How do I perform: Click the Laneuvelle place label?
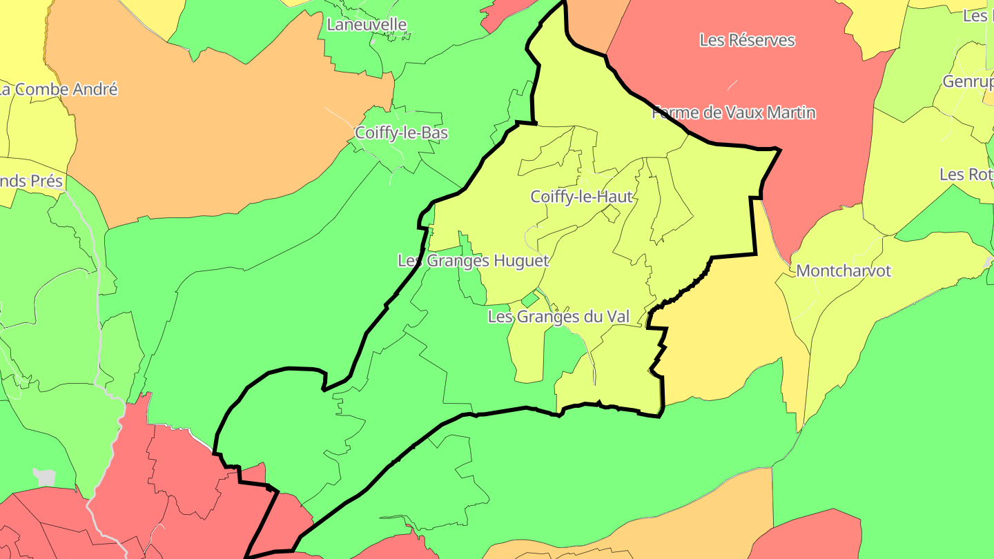coord(367,25)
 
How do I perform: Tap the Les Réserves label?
coord(747,40)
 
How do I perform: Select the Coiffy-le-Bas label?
coord(401,133)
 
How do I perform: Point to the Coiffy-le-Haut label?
coord(581,197)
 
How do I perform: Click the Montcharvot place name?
coord(844,271)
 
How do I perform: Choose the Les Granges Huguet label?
coord(473,261)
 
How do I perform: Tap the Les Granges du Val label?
coord(558,317)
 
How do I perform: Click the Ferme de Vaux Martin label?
coord(734,112)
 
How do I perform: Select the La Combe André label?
coord(59,90)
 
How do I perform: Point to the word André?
coord(94,90)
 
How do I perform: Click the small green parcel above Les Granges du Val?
coord(530,300)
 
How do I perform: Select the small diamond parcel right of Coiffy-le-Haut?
coord(610,214)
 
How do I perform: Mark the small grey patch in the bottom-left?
coord(44,476)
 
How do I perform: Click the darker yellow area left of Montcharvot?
coord(718,331)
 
